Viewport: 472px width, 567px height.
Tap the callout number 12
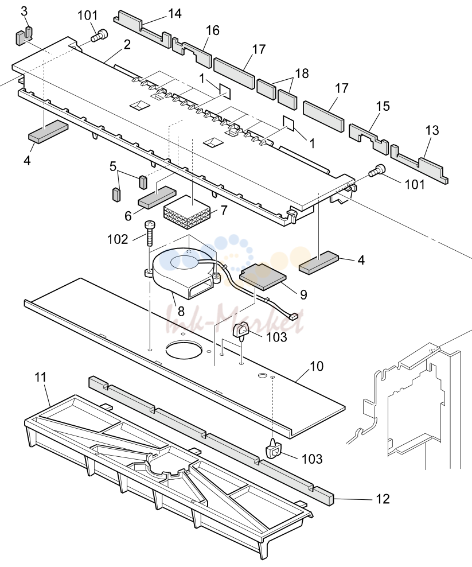pos(383,499)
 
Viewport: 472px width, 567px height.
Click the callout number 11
pos(41,377)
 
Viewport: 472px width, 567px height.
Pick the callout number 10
pos(317,366)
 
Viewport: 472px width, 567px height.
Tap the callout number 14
pos(174,13)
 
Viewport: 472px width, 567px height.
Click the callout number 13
pos(432,130)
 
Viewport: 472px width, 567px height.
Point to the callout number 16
pos(213,30)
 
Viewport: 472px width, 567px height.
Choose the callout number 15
pos(383,106)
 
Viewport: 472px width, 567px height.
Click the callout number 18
pos(302,73)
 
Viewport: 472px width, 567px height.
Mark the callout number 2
pos(127,45)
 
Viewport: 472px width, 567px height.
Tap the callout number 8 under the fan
pos(181,311)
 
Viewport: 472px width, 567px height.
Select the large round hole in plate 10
pos(183,350)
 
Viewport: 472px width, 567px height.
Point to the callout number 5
pos(113,166)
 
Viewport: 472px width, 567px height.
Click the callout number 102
pos(118,239)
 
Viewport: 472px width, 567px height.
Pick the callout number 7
pos(224,209)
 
